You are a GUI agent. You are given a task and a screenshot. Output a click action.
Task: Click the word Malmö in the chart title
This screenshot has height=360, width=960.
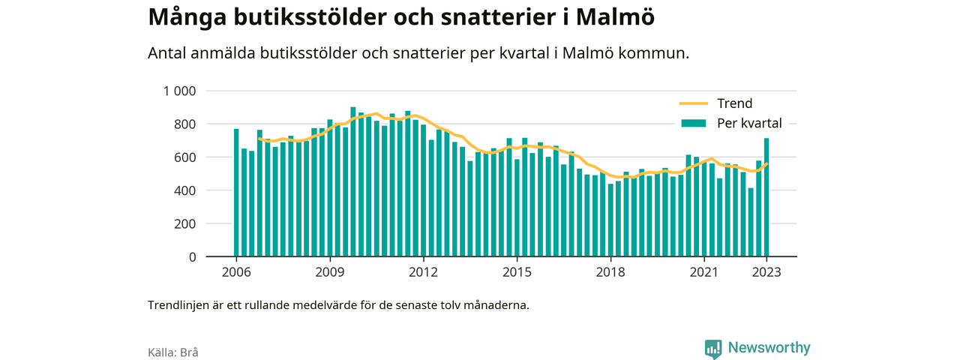615,16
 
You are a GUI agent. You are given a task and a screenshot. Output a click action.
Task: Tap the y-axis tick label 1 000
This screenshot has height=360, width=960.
179,91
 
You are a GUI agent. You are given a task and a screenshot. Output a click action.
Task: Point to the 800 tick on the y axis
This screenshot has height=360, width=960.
184,124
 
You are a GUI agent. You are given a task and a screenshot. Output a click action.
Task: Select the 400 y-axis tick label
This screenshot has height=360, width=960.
184,190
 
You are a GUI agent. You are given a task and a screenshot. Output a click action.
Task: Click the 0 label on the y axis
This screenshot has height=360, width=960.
192,257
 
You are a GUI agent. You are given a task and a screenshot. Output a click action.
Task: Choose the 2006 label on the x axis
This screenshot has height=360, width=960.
236,272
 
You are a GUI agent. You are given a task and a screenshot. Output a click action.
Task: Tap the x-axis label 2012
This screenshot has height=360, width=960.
423,272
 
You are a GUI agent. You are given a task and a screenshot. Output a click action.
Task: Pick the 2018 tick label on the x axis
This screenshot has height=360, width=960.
610,272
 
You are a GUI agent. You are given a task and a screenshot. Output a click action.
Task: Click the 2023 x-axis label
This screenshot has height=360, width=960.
766,272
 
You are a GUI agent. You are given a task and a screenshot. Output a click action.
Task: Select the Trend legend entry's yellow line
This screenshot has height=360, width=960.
694,103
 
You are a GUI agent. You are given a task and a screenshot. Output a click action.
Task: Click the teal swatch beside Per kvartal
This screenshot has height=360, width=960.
694,124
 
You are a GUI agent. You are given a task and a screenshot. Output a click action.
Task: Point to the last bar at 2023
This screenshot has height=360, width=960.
766,197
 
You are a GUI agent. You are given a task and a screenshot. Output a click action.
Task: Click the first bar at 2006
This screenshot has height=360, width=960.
236,193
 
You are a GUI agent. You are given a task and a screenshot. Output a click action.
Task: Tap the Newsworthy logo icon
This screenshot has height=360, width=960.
713,349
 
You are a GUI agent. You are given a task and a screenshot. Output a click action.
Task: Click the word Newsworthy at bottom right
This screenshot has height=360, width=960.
769,347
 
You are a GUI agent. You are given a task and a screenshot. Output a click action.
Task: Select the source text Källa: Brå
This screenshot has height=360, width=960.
173,352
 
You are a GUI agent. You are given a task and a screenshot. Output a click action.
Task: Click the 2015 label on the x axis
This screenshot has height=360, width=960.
517,272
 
